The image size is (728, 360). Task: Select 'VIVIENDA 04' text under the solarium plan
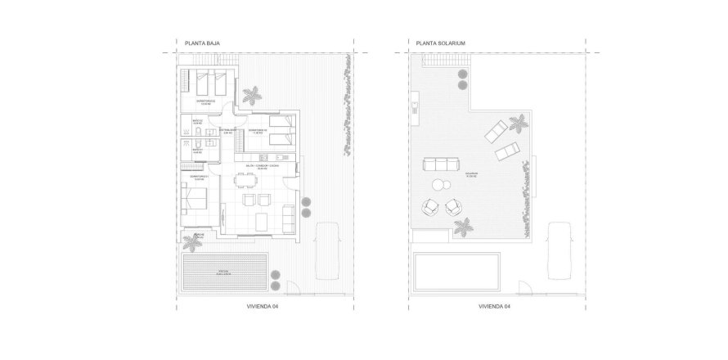click(494, 307)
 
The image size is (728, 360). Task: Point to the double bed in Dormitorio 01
click(196, 196)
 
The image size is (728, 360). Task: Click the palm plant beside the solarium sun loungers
click(517, 124)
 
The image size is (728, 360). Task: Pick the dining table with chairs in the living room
click(251, 197)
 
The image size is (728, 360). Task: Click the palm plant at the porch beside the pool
click(194, 242)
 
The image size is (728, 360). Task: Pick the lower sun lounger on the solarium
click(506, 151)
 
